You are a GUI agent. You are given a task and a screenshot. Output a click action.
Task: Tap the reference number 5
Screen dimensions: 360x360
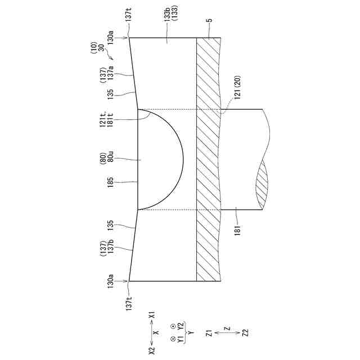[209, 20]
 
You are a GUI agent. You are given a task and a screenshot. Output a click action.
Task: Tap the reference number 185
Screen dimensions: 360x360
[110, 182]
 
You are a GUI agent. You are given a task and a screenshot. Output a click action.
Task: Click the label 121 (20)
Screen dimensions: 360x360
[237, 88]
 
